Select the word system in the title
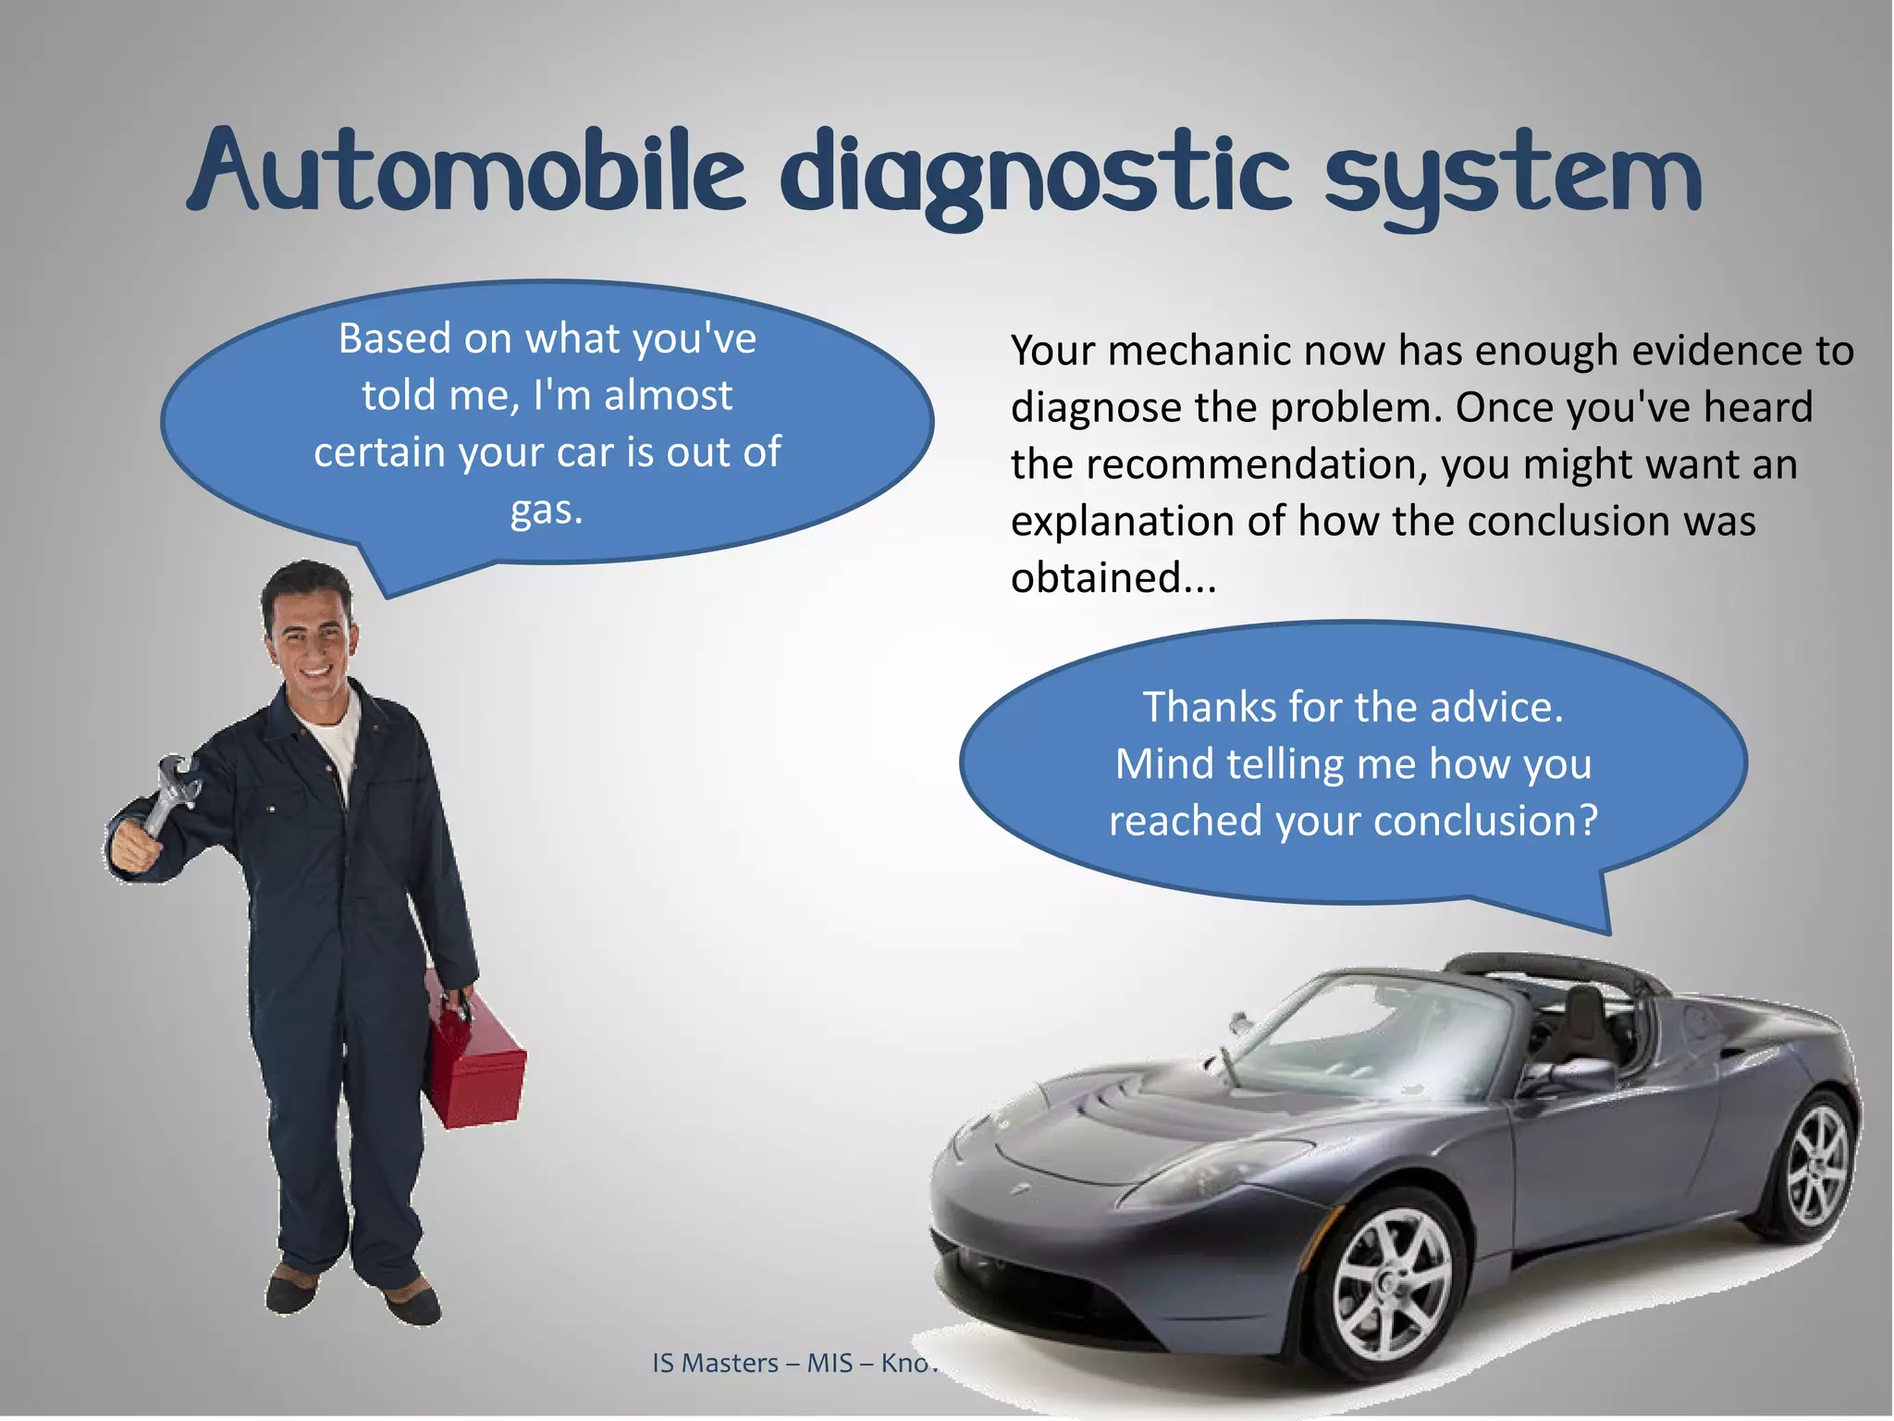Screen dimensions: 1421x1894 click(1511, 176)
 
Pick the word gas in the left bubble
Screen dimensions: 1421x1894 click(546, 510)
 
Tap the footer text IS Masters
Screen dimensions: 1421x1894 click(715, 1363)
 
